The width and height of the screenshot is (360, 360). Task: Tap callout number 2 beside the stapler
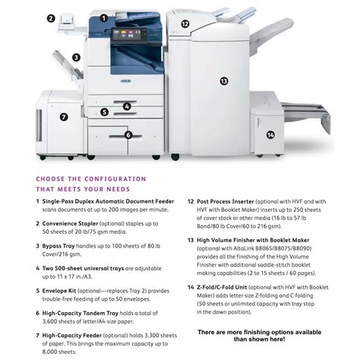tap(50, 17)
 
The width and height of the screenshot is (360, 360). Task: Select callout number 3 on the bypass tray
tap(76, 56)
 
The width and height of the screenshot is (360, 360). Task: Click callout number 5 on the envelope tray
tap(103, 112)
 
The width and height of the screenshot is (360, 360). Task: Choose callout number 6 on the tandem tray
tap(128, 135)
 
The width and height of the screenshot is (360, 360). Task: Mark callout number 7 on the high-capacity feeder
tap(64, 117)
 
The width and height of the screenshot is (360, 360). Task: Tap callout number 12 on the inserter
tap(185, 24)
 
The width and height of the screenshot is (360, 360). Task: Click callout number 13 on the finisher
tap(223, 81)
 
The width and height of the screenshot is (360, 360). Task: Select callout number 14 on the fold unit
tap(270, 135)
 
